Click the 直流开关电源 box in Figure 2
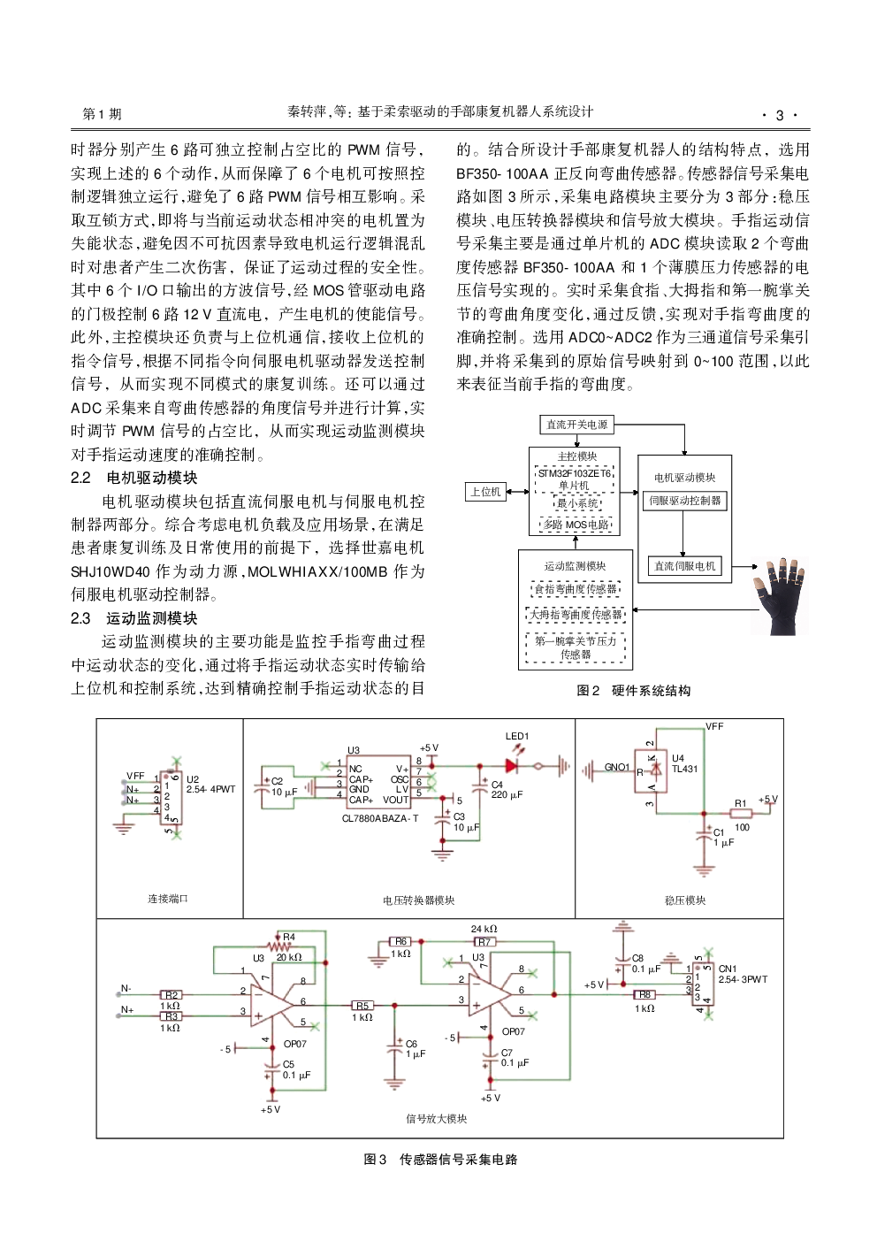tap(576, 425)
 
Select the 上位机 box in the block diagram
tap(485, 492)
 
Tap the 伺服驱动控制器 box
tap(684, 501)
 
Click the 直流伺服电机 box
tap(684, 566)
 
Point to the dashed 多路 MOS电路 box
tap(576, 525)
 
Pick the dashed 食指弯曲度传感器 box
tap(576, 588)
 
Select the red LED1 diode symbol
tap(512, 766)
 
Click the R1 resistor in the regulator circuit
tap(740, 813)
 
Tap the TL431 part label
tap(684, 769)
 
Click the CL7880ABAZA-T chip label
tap(380, 819)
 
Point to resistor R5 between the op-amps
tap(362, 1006)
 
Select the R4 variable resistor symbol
tap(285, 946)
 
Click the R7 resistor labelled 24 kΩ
tap(484, 942)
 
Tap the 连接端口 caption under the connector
tap(167, 899)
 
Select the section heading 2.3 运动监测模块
tap(133, 618)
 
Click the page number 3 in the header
tap(780, 115)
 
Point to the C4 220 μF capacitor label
tap(506, 790)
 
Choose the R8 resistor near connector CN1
tap(645, 996)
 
